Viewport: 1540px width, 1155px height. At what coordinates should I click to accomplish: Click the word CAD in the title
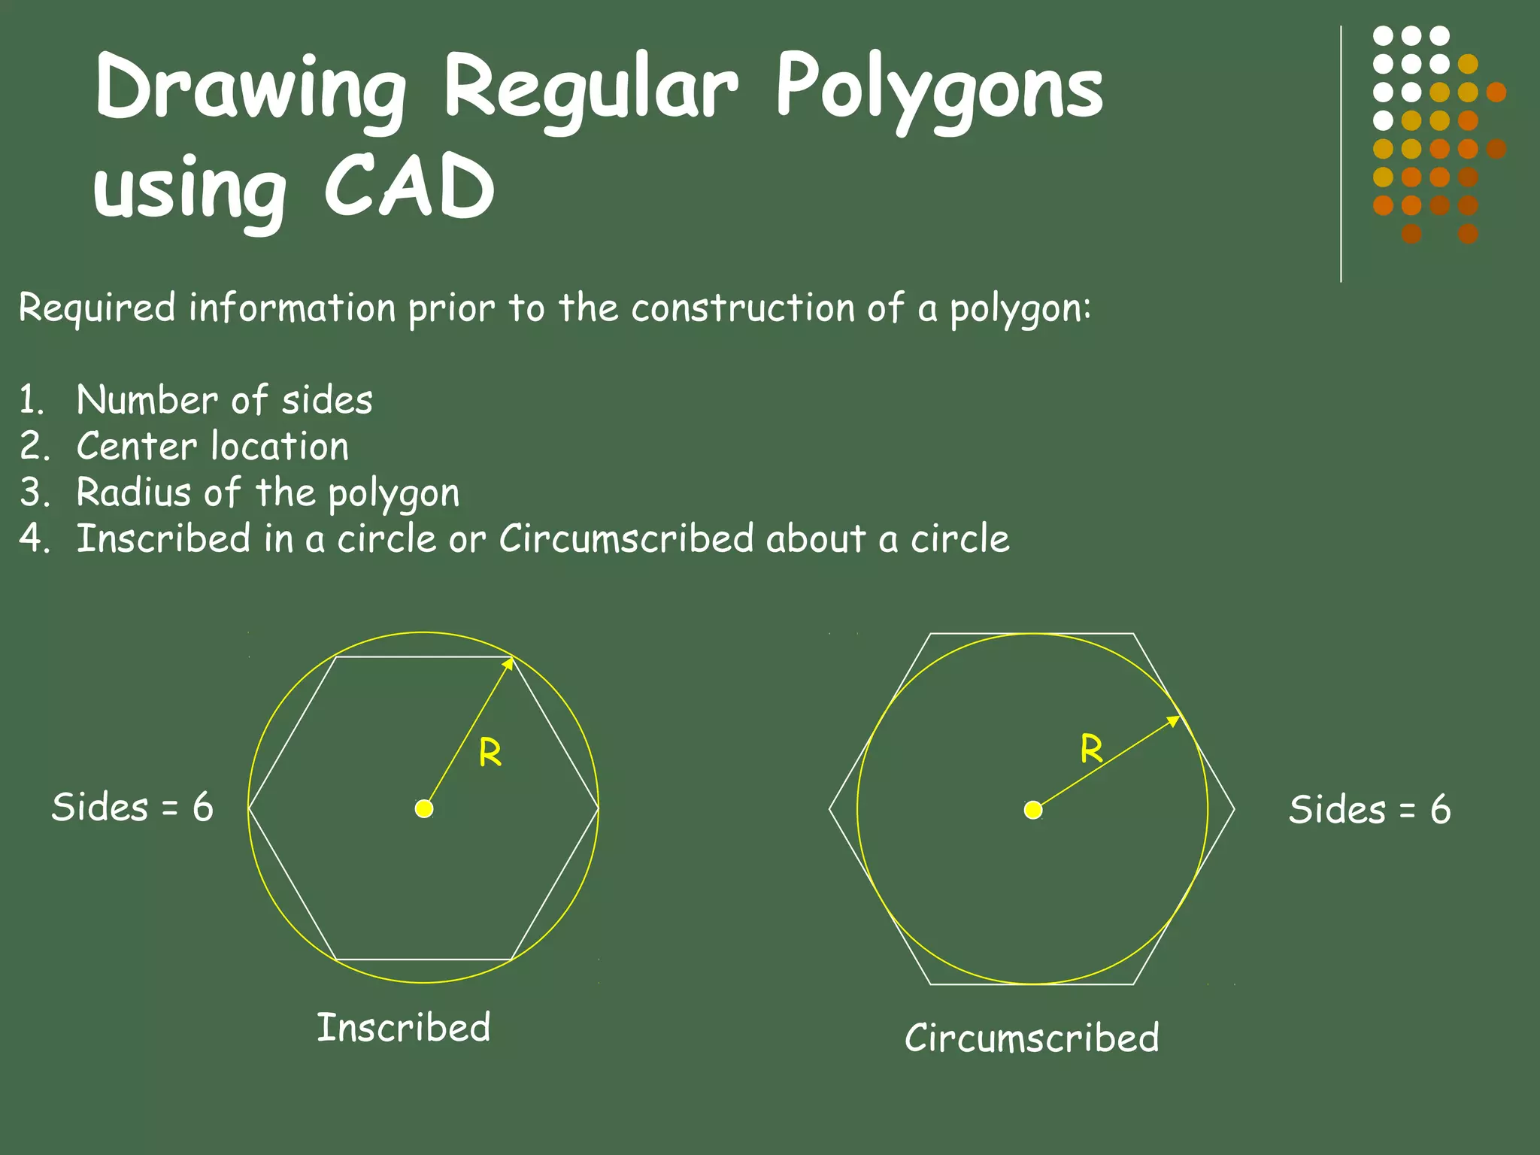coord(410,186)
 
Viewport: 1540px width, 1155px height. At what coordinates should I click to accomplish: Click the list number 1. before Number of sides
coord(32,400)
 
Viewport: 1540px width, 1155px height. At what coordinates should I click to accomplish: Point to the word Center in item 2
coord(136,446)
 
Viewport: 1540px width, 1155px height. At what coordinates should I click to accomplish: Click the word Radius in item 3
coord(134,493)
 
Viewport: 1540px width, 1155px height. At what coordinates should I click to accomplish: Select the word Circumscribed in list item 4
coord(626,538)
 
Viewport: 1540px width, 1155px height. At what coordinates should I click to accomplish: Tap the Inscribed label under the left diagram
coord(404,1027)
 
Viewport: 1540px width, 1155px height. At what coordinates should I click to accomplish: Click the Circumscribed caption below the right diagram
coord(1032,1038)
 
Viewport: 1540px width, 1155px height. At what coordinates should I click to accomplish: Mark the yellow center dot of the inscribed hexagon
coord(424,808)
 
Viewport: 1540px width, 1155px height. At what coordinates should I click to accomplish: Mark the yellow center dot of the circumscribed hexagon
coord(1033,810)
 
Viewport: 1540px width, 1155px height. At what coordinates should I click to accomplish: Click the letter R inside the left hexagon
coord(490,752)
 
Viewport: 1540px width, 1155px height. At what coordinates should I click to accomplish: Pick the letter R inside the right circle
coord(1092,749)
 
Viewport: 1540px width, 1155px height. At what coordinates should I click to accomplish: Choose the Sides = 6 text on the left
coord(132,808)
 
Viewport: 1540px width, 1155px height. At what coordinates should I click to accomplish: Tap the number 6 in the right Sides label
coord(1440,810)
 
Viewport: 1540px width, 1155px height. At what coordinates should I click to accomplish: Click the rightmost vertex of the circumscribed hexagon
coord(1234,809)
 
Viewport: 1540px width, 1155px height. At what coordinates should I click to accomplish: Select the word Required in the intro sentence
coord(97,308)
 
